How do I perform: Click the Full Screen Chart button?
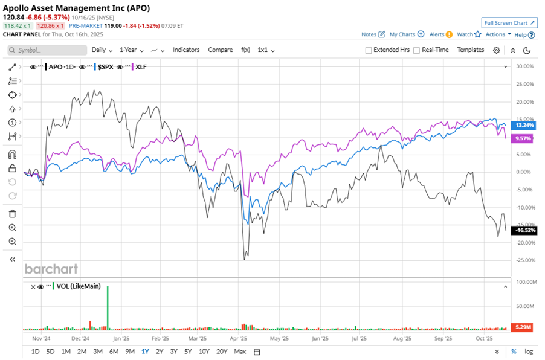pyautogui.click(x=510, y=23)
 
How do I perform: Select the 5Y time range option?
pyautogui.click(x=189, y=352)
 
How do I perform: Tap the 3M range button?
pyautogui.click(x=98, y=352)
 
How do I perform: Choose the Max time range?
pyautogui.click(x=240, y=352)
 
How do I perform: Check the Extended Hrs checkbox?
pyautogui.click(x=369, y=50)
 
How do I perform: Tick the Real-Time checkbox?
pyautogui.click(x=417, y=50)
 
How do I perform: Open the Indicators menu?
pyautogui.click(x=187, y=50)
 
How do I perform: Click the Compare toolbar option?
pyautogui.click(x=220, y=50)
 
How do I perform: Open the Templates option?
pyautogui.click(x=470, y=50)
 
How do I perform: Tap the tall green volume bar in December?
pyautogui.click(x=108, y=308)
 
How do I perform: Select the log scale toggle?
pyautogui.click(x=529, y=352)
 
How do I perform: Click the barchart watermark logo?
pyautogui.click(x=51, y=269)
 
